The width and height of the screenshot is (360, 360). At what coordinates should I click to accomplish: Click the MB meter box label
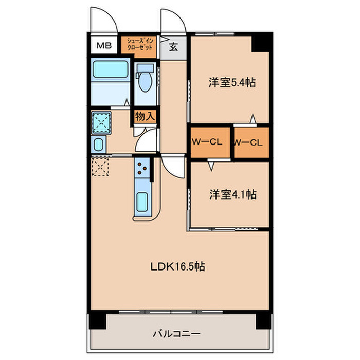click(104, 46)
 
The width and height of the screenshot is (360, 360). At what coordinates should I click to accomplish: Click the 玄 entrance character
click(173, 48)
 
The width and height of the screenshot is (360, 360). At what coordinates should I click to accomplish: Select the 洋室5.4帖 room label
click(232, 82)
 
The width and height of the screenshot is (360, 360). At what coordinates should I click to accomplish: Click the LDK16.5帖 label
click(178, 267)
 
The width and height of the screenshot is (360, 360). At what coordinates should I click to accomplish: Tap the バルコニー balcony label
click(176, 334)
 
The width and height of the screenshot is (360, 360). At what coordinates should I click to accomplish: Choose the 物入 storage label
click(145, 117)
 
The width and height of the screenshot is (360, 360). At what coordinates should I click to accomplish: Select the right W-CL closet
click(250, 142)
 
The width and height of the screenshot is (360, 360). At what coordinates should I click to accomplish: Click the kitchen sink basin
click(143, 204)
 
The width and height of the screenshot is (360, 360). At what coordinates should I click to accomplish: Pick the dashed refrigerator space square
click(101, 167)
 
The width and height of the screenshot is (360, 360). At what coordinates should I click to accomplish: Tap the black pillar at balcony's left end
click(97, 321)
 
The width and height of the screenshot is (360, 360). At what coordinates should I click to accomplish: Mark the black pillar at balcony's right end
click(262, 321)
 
